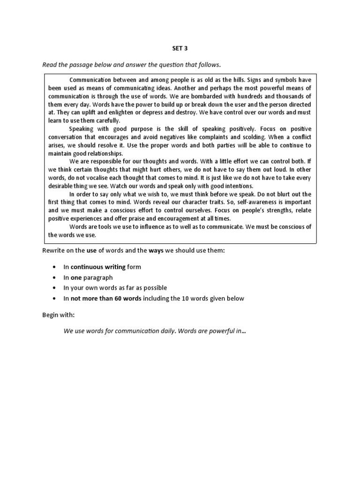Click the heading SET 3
180,47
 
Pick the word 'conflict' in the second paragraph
299,137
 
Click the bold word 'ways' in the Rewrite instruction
155,251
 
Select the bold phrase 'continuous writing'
98,267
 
